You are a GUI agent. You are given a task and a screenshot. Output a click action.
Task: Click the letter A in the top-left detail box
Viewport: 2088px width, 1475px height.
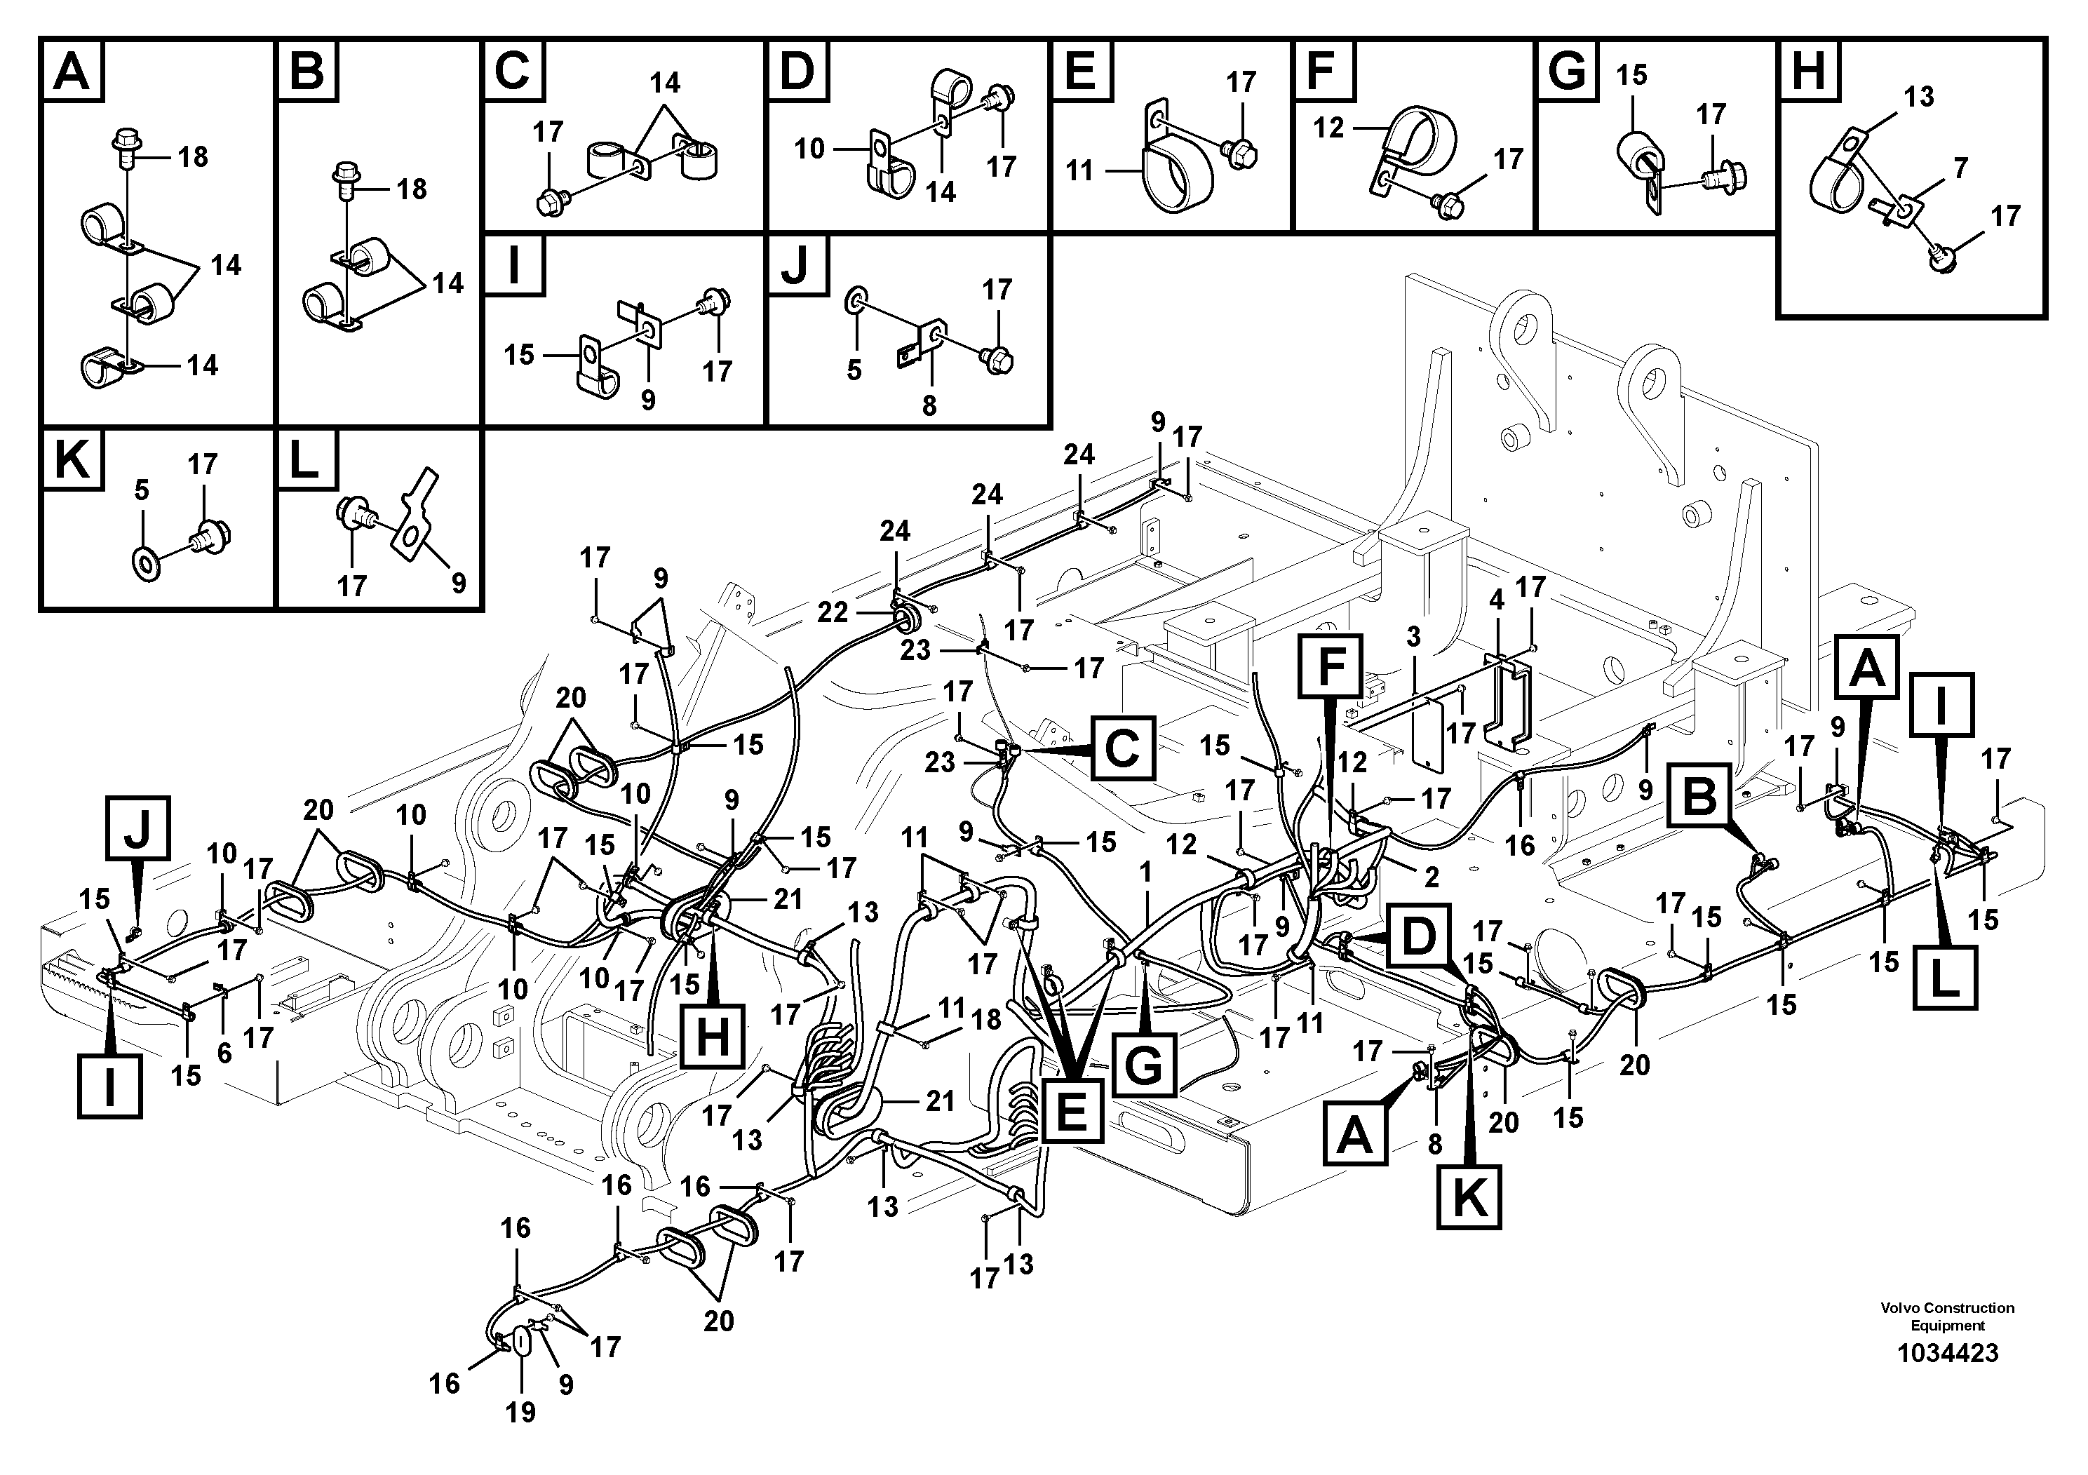pyautogui.click(x=72, y=71)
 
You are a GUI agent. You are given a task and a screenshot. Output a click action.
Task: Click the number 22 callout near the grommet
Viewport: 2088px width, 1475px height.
pyautogui.click(x=832, y=613)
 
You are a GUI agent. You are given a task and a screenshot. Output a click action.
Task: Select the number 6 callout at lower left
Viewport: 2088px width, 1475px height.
pyautogui.click(x=224, y=1053)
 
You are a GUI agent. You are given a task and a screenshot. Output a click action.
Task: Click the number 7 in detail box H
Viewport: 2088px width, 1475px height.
pyautogui.click(x=1960, y=168)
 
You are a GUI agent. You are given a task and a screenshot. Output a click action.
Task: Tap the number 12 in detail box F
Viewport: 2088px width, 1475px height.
pyautogui.click(x=1328, y=128)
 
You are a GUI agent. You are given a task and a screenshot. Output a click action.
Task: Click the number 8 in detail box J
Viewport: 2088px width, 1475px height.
pyautogui.click(x=929, y=405)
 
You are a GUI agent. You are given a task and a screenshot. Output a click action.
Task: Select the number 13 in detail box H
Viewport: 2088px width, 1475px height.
pyautogui.click(x=1920, y=96)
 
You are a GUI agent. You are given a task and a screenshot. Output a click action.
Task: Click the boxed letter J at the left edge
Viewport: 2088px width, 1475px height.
pyautogui.click(x=138, y=828)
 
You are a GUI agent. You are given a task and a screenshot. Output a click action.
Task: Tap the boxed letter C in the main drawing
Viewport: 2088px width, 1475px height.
pyautogui.click(x=1122, y=748)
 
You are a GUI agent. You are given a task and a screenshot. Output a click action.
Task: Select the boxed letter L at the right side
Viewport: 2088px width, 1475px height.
pyautogui.click(x=1944, y=978)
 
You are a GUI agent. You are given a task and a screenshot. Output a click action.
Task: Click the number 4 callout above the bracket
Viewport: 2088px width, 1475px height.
pyautogui.click(x=1497, y=599)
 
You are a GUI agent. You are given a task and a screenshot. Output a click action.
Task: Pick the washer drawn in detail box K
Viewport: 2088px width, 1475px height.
pyautogui.click(x=144, y=556)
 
